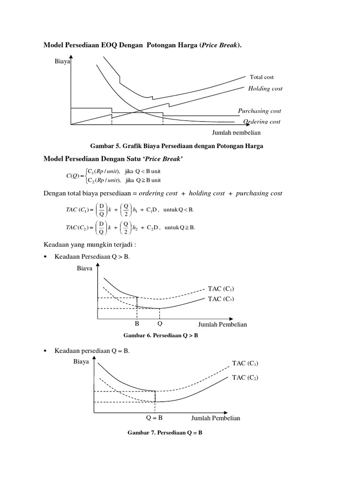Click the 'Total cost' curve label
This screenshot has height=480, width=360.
coord(262,77)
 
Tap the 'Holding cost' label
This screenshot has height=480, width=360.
coord(265,88)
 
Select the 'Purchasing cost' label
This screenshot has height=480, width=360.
coord(260,111)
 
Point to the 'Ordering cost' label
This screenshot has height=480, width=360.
coord(262,121)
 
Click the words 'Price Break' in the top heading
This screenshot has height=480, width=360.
coord(219,45)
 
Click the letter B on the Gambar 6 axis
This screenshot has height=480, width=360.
coord(137,324)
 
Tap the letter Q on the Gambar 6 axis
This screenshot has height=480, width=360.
coord(160,324)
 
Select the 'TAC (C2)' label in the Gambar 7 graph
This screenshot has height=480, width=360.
coord(245,377)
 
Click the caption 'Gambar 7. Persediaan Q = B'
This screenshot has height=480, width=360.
coord(165,432)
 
